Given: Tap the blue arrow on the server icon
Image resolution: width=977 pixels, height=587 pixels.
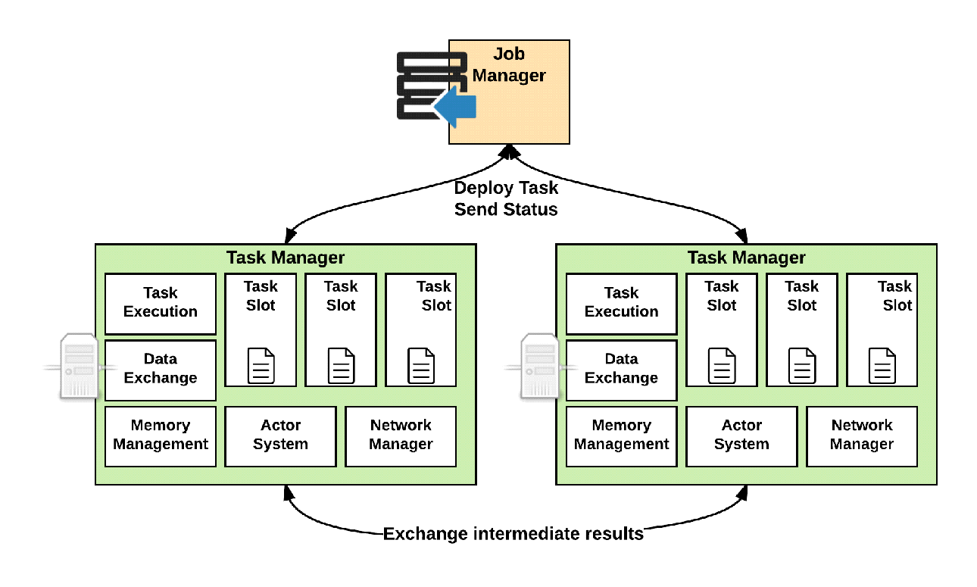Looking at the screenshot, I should (456, 107).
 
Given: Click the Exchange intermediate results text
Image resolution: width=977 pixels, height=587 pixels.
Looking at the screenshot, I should (513, 534).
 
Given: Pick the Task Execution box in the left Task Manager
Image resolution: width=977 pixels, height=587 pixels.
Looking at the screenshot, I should (161, 303).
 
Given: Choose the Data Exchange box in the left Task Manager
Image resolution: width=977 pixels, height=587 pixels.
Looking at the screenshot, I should (161, 370).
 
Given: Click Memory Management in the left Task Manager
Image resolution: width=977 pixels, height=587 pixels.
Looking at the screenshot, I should (161, 436).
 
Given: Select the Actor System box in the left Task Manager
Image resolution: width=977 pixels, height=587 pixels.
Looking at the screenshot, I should (280, 436).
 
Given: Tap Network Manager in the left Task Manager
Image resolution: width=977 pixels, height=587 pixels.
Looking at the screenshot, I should (401, 436).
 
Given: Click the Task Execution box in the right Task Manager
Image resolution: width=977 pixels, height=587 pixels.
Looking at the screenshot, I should (621, 303).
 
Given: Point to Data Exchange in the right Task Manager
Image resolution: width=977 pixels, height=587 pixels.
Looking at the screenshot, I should (621, 370).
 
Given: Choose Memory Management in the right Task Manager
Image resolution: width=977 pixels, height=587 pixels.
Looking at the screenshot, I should (621, 436).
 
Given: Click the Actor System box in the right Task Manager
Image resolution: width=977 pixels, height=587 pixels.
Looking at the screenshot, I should (741, 436).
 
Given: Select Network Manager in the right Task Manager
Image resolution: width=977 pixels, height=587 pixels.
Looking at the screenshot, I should (862, 436).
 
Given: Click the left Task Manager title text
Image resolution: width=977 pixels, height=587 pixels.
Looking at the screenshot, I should (286, 258).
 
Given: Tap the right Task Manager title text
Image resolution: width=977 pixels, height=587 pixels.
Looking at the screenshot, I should (746, 258).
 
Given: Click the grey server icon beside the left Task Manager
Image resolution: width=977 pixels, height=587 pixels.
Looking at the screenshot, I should (79, 366).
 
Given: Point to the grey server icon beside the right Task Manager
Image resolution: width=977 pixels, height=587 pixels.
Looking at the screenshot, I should (540, 366).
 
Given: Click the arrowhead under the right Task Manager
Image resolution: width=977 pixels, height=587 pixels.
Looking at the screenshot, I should (743, 492).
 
